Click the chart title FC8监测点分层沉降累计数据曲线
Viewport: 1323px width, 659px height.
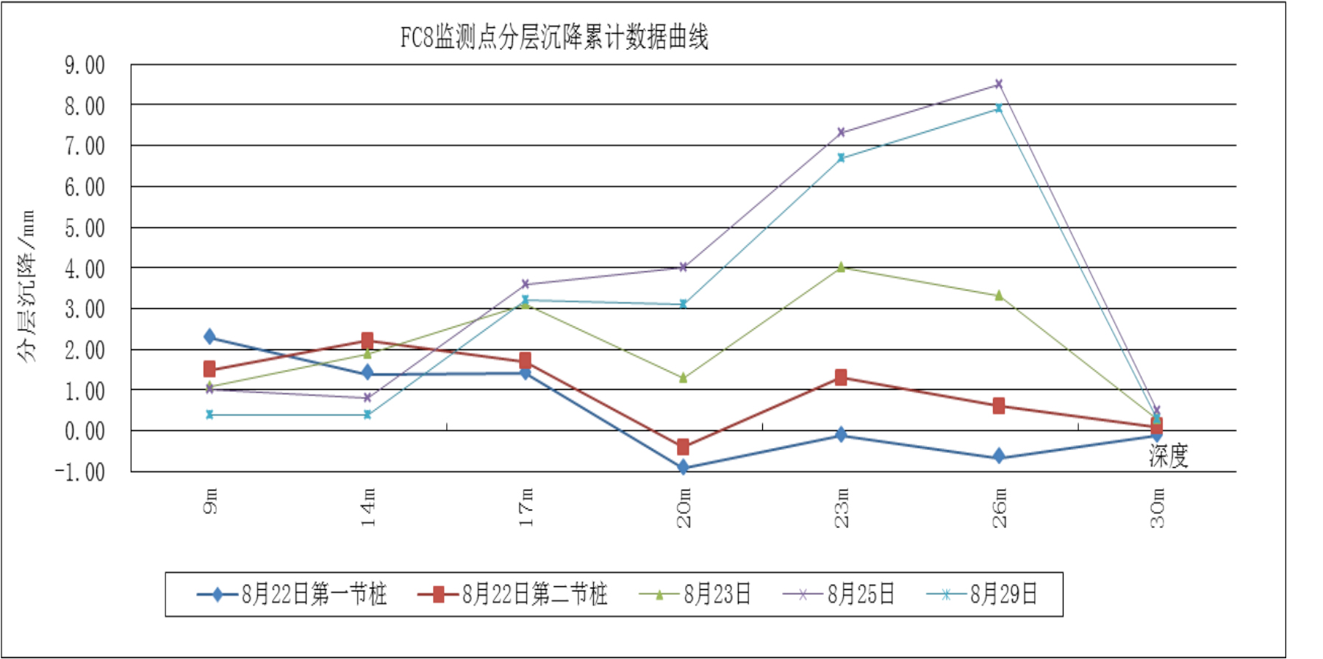pos(553,37)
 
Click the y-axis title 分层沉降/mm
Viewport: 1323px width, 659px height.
pos(26,286)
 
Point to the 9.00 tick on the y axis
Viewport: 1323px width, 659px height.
pos(85,65)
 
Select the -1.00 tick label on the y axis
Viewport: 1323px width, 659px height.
pos(80,471)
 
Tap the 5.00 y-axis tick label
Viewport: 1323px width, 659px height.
pos(85,229)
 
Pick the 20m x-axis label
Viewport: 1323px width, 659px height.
pos(684,507)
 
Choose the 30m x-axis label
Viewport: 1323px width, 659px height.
pos(1157,507)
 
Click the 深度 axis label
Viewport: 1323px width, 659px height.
pos(1168,456)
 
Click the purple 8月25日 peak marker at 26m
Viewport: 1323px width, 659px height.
pos(999,85)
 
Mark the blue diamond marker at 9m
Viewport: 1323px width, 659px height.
pos(210,337)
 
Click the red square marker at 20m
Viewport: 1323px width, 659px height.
pos(684,447)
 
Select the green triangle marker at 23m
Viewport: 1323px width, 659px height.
pos(841,268)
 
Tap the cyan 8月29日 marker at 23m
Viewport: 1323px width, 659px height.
pos(841,158)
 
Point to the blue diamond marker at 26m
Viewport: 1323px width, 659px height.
pos(999,457)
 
